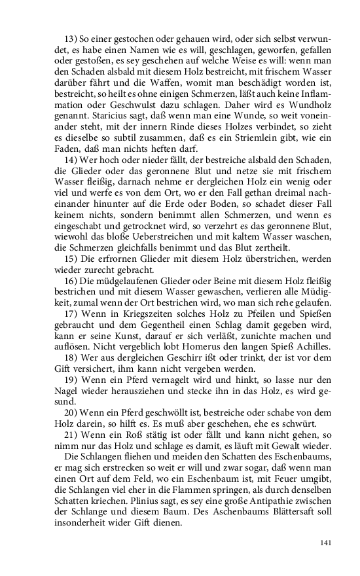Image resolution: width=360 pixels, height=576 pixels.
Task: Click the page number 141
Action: click(x=327, y=542)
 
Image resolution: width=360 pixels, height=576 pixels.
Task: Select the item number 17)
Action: click(x=70, y=314)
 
